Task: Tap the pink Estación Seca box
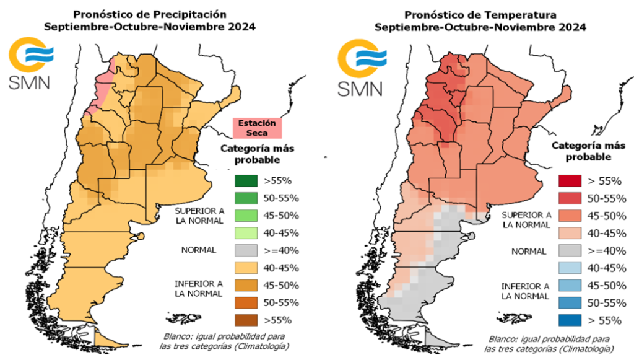pyautogui.click(x=257, y=127)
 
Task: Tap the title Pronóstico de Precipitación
pyautogui.click(x=150, y=14)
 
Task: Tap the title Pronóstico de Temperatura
pyautogui.click(x=480, y=14)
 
